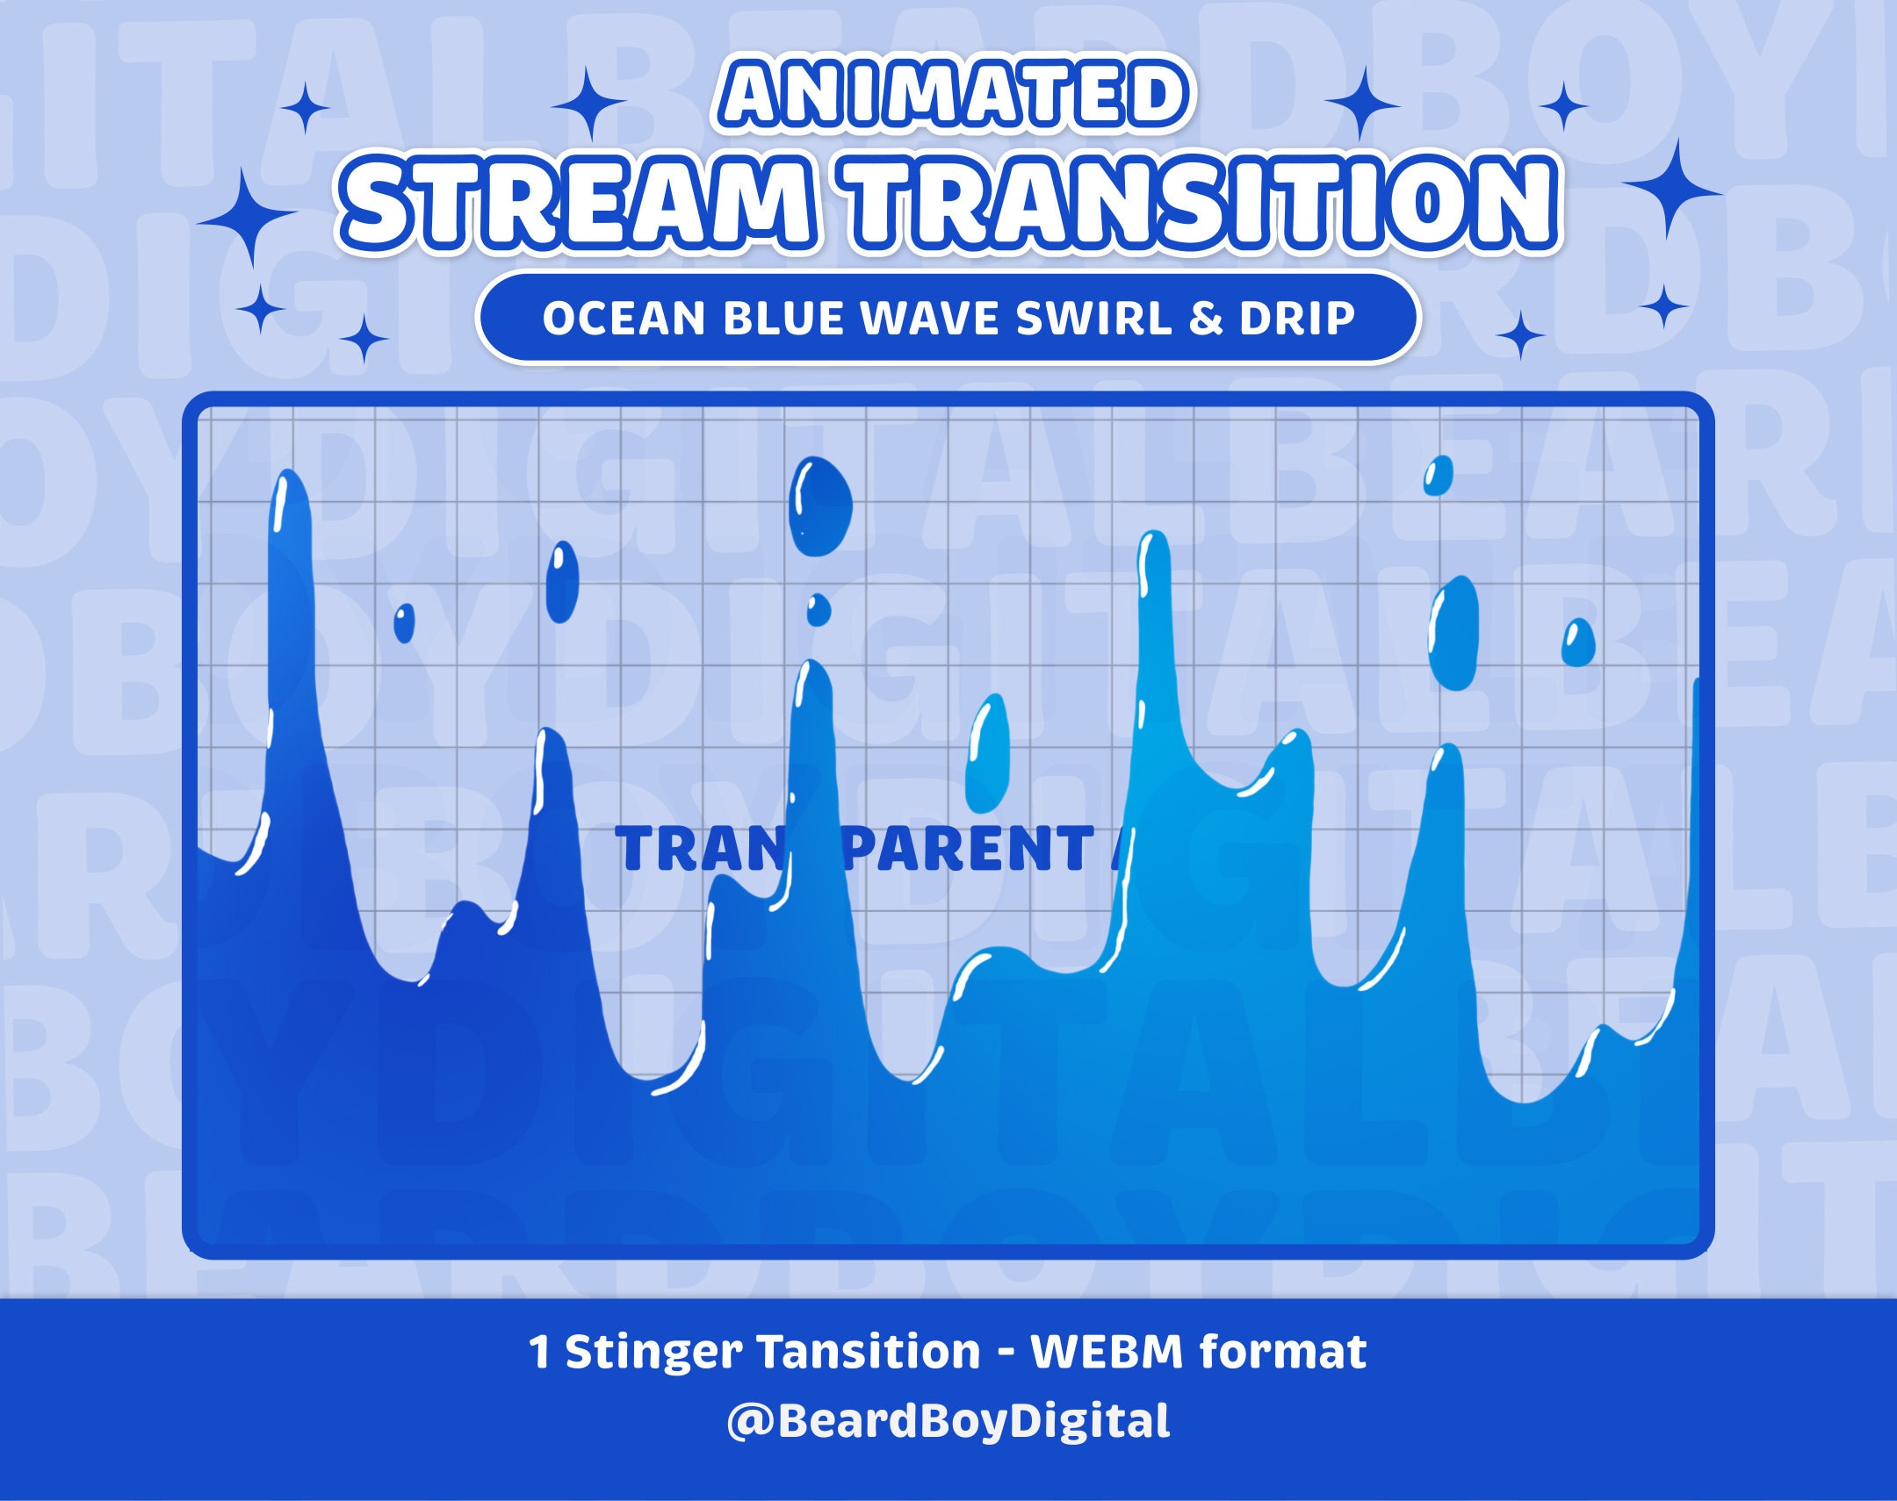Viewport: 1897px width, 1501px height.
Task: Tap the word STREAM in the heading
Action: pos(585,202)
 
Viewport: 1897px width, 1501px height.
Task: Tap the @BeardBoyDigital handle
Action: pos(948,1421)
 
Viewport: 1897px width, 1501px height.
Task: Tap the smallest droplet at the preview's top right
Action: pos(1438,476)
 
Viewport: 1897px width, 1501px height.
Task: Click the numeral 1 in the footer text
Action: pos(540,1352)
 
